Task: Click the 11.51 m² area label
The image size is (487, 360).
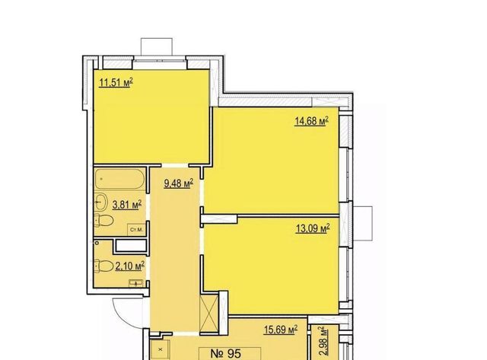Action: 116,83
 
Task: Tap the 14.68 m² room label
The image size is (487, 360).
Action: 311,121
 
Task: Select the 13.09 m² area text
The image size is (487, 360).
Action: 313,229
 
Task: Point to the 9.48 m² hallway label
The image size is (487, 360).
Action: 179,183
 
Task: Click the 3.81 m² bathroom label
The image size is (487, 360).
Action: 127,205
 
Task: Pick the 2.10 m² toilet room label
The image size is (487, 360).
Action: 130,266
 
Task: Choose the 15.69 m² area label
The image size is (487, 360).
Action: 281,330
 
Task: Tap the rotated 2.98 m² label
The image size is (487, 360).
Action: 323,342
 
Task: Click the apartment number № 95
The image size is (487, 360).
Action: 226,353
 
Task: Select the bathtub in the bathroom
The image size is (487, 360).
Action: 119,179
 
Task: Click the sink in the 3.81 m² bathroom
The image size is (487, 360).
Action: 100,202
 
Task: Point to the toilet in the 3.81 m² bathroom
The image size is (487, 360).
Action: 103,220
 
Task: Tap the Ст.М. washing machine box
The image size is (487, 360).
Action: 137,230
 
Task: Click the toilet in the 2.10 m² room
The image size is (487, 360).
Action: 103,266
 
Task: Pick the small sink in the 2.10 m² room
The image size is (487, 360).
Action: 137,282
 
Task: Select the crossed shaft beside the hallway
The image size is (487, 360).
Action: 209,314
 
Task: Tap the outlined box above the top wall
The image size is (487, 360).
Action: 157,46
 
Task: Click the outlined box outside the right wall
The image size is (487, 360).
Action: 362,223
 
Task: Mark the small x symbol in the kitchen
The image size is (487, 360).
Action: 161,349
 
